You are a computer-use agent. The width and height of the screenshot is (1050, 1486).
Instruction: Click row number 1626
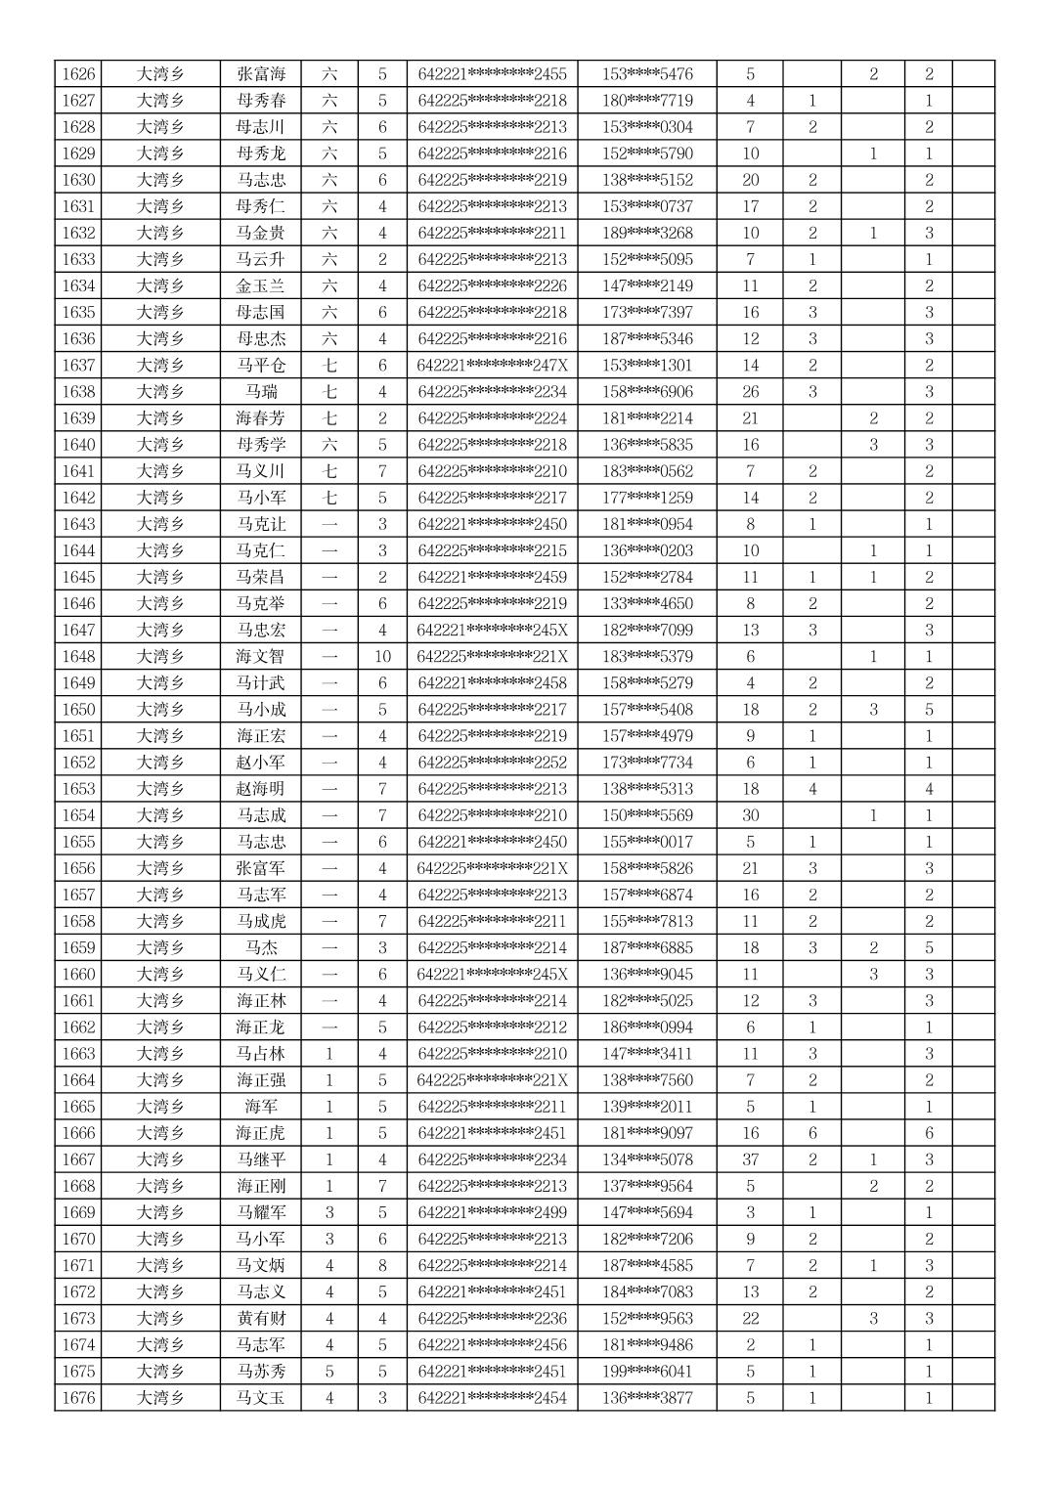pos(78,74)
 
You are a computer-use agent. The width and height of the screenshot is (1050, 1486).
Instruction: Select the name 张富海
pos(261,74)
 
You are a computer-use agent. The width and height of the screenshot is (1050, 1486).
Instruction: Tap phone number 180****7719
pos(647,101)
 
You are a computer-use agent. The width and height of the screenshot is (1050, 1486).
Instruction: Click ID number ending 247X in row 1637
pos(492,366)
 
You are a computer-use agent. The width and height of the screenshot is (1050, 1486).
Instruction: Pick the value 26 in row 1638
pos(750,392)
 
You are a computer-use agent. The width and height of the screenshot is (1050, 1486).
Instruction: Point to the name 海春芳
pos(261,418)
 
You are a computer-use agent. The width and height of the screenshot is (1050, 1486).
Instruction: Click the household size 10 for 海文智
pos(382,657)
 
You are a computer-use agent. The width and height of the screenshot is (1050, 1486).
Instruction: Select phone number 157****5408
pos(647,710)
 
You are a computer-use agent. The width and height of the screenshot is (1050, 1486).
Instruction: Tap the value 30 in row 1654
pos(750,815)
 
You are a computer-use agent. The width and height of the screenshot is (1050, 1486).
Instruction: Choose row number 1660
pos(78,975)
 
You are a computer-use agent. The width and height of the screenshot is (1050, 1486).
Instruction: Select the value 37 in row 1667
pos(750,1160)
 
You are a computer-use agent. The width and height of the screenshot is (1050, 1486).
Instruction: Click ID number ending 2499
pos(492,1213)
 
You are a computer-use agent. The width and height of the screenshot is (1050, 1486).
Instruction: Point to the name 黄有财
pos(261,1319)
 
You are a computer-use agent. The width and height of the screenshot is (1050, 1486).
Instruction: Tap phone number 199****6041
pos(647,1372)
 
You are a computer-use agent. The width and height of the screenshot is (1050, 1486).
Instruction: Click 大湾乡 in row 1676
pos(160,1398)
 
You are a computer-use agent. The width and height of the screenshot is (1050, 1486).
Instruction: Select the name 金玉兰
pos(261,286)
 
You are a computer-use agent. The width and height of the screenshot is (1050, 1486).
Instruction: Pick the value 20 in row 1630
pos(750,180)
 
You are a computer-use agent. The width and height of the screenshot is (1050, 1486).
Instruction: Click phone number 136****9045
pos(647,975)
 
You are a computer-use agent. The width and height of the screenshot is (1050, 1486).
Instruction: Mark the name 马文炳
pos(261,1266)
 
